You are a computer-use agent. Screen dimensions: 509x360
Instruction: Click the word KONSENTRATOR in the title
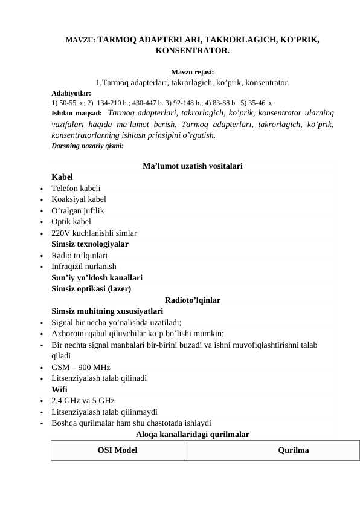tap(192, 51)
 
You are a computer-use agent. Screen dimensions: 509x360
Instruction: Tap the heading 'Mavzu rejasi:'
tap(192, 72)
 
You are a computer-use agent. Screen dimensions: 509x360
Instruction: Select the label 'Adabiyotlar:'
tap(71, 94)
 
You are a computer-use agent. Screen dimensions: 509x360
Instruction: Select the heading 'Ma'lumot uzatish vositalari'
tap(193, 166)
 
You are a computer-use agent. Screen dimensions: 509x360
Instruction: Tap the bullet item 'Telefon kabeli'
tap(76, 188)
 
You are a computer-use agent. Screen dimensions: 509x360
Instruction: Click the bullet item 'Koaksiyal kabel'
tap(79, 199)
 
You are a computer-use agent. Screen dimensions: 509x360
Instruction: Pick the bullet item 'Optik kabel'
tap(71, 221)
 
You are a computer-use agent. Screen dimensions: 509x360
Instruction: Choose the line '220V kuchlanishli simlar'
tap(94, 233)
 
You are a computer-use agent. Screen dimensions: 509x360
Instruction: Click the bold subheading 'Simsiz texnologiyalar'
tap(90, 244)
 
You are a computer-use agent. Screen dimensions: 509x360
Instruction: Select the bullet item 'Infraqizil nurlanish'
tap(84, 266)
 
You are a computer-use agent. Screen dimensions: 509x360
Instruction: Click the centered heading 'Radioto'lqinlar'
tap(192, 300)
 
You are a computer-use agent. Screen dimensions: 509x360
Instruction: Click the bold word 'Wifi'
tap(60, 389)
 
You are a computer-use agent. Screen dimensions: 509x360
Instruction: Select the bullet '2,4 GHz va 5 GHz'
tap(83, 400)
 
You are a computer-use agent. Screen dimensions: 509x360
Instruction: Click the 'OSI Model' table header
tap(117, 450)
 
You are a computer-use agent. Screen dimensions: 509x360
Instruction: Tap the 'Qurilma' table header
tap(294, 450)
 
